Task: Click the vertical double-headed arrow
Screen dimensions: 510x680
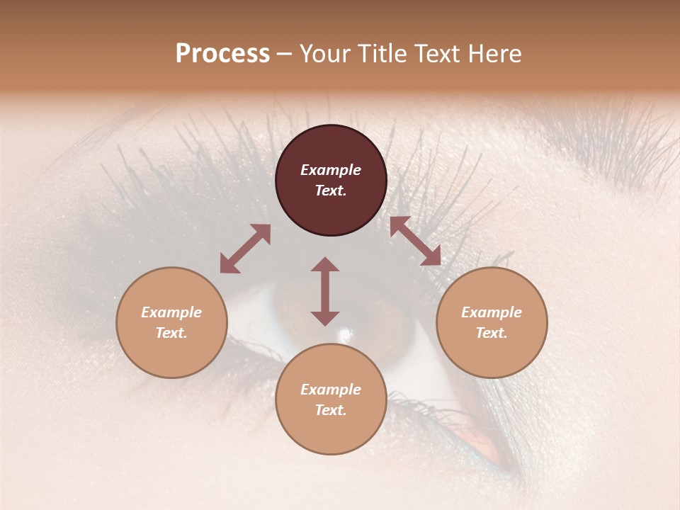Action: click(325, 291)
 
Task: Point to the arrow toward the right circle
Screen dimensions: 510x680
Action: click(415, 241)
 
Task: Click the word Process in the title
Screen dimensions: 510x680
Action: click(222, 53)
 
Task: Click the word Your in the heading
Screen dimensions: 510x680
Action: click(324, 53)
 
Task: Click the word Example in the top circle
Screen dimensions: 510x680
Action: click(331, 170)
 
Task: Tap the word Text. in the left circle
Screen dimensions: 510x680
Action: click(171, 333)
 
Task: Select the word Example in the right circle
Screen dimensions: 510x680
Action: click(492, 312)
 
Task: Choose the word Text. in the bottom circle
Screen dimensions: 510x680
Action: click(331, 410)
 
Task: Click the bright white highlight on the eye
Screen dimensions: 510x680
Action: click(346, 333)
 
